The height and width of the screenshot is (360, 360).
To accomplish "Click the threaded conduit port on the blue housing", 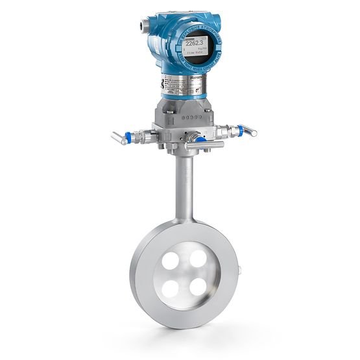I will (x=141, y=27).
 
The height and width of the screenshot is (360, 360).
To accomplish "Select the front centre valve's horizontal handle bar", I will (x=188, y=149).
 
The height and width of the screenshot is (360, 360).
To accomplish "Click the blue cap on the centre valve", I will (x=202, y=139).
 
